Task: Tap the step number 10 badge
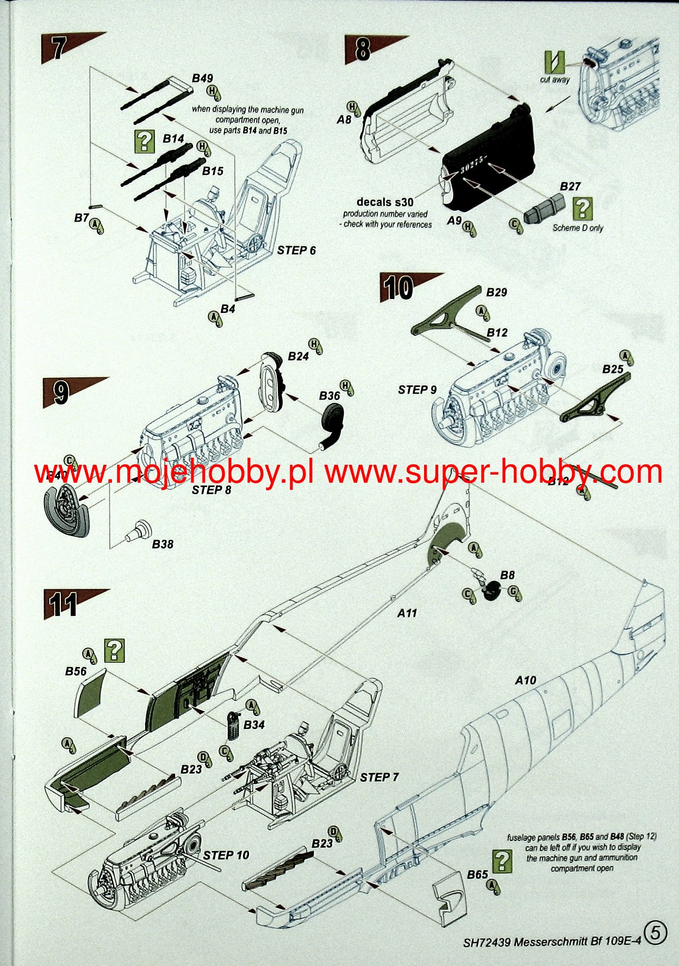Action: click(398, 287)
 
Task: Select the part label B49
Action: click(202, 79)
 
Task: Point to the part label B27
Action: click(570, 186)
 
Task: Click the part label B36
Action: click(329, 396)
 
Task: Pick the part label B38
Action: click(163, 544)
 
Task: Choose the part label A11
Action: click(407, 613)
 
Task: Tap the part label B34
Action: click(254, 725)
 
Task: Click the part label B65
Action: click(477, 875)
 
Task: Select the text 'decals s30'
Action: click(385, 202)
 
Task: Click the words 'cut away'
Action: click(555, 80)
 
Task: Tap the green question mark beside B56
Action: click(115, 650)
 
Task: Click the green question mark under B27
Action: click(583, 209)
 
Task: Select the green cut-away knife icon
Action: click(555, 63)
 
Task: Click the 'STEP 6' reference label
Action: click(296, 251)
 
